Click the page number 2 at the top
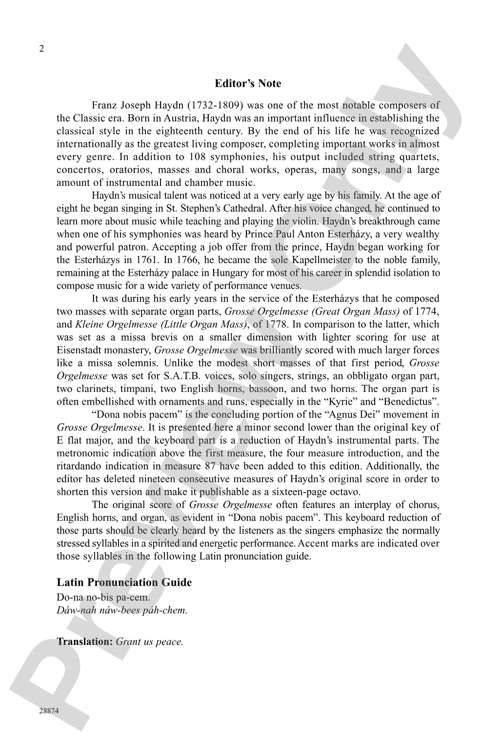tap(41, 48)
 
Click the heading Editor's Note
tap(248, 83)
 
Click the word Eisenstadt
tap(78, 350)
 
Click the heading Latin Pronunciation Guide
tap(124, 582)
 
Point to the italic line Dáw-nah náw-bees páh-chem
tap(122, 610)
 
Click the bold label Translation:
tap(85, 642)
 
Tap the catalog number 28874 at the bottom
tap(49, 711)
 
